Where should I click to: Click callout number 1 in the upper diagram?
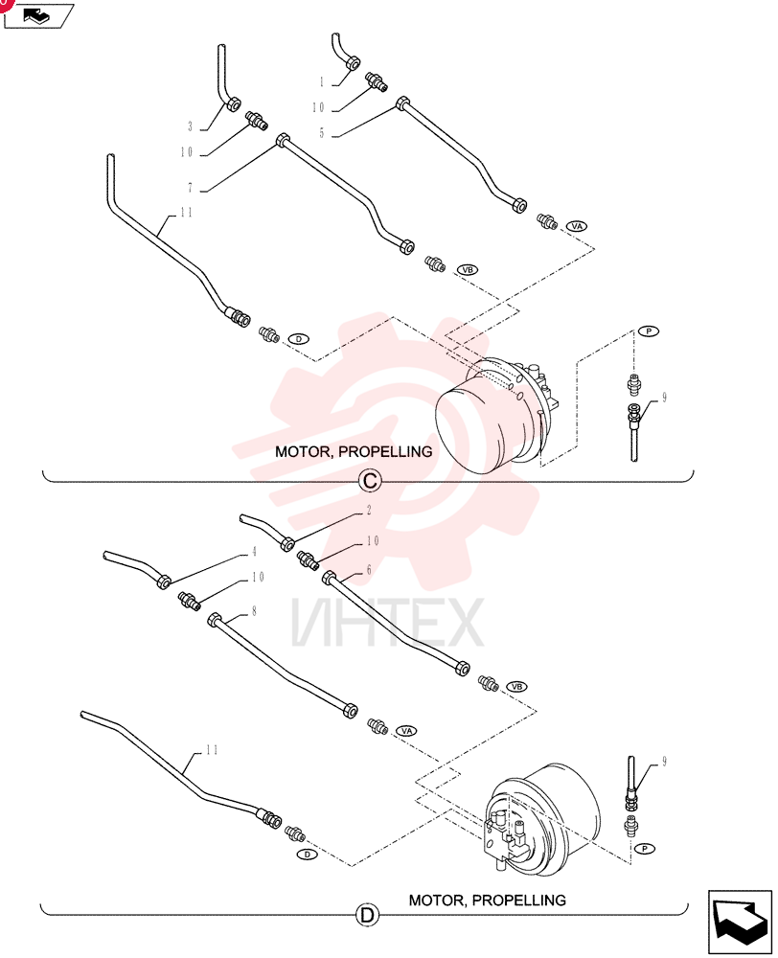point(322,81)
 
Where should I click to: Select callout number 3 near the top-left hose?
point(190,126)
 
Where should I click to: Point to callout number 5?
point(322,132)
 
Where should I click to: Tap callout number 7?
point(190,188)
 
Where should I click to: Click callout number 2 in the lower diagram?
point(369,510)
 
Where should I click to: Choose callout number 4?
point(254,552)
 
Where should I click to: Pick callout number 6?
point(369,570)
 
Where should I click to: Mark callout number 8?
point(254,611)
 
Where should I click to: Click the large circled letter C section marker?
point(370,481)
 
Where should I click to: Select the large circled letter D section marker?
point(367,915)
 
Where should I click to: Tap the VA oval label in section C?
point(577,226)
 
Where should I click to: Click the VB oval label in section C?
point(468,269)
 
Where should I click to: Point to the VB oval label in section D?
point(517,687)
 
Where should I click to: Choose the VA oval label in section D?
point(406,731)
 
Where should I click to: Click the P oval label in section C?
point(649,331)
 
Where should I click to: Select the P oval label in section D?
point(645,849)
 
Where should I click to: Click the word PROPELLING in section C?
point(385,451)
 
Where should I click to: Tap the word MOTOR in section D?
point(438,900)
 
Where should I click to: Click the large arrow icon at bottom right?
point(740,922)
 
